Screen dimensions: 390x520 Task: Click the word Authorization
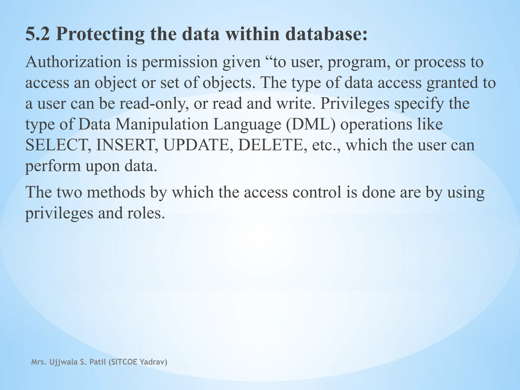coord(73,62)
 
